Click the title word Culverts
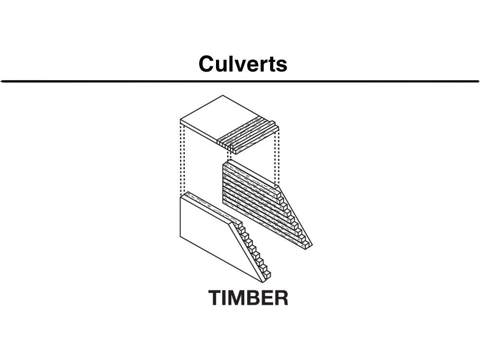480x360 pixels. [243, 64]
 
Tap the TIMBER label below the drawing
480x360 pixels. [248, 298]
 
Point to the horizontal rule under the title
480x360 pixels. [240, 82]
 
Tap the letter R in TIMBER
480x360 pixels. [280, 298]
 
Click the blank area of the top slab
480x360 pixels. [214, 120]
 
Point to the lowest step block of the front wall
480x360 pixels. [267, 275]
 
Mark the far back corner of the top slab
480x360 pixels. [223, 95]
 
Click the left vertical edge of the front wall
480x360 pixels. [180, 217]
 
